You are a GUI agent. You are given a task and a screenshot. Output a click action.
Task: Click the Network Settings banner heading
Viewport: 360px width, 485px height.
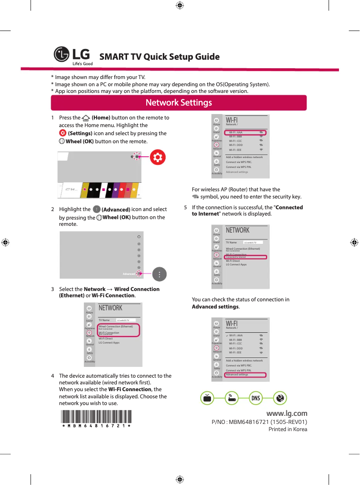[179, 103]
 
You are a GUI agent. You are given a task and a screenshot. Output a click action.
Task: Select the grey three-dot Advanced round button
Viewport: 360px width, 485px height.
[159, 274]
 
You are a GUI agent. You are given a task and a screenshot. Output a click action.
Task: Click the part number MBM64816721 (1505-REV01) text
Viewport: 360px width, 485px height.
[259, 422]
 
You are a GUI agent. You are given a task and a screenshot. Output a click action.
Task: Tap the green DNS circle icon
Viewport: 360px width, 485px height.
[255, 398]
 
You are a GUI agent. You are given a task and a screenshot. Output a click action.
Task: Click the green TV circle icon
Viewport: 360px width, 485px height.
[206, 398]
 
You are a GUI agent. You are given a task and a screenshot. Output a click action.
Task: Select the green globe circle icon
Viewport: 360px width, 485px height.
[280, 398]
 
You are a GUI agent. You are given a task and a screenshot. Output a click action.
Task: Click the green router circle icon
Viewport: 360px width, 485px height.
[231, 398]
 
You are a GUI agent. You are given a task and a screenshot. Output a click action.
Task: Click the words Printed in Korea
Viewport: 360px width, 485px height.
[288, 429]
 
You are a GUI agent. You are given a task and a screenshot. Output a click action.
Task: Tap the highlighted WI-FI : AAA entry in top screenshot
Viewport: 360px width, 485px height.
[245, 133]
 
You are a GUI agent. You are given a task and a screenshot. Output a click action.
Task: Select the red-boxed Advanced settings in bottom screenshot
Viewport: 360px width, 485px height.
[245, 375]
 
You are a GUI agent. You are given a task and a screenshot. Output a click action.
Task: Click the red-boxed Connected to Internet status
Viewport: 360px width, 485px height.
[245, 257]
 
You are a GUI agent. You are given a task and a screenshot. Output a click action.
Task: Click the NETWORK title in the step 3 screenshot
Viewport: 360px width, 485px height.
[110, 308]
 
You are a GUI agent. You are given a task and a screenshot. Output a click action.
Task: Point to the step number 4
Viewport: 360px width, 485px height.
[53, 376]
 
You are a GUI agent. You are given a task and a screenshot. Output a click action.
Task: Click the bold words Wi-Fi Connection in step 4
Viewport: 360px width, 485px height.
[130, 389]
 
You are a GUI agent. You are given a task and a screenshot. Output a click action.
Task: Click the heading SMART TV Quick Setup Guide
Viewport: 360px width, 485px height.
[159, 57]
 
